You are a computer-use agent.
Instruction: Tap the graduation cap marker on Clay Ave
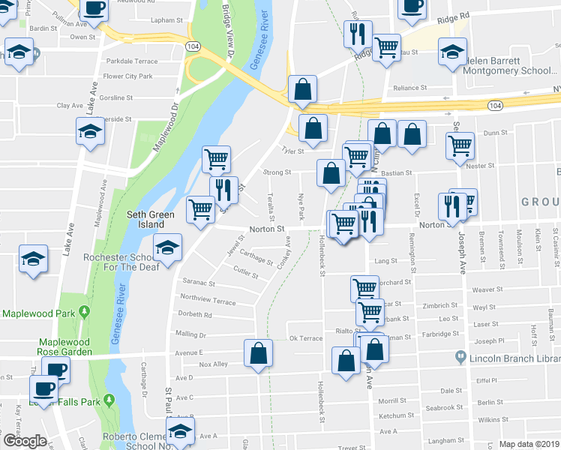90,131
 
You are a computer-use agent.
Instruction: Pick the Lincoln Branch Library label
511,359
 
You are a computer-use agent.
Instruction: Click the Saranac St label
198,283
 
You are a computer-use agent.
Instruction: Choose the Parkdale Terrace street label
131,61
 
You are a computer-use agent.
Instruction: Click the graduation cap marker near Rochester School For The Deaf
167,247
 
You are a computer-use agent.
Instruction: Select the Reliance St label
410,88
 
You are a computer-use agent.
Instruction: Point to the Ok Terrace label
305,338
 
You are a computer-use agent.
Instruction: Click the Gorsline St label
116,97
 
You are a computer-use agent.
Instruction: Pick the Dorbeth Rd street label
195,315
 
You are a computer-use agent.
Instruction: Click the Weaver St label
487,289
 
